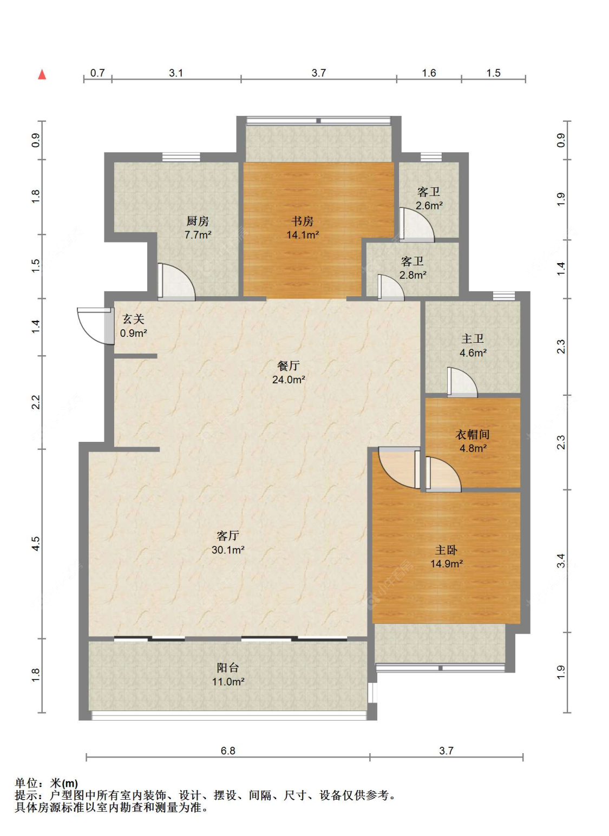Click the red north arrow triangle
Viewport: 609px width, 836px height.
42,75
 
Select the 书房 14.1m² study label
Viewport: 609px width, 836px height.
303,227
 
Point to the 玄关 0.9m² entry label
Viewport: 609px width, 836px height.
134,326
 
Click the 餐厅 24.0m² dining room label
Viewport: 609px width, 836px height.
289,373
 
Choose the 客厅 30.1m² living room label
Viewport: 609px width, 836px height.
228,543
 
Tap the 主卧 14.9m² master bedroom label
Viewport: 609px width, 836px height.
447,557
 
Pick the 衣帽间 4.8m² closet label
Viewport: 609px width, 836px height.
473,441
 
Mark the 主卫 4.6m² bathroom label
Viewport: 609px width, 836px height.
473,345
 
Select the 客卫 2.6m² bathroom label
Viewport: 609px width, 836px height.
429,199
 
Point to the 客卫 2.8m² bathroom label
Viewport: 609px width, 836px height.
412,268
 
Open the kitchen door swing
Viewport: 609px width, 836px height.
176,282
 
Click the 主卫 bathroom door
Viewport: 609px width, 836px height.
462,382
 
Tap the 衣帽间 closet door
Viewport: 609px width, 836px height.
443,474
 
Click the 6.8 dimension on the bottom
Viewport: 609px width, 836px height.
228,750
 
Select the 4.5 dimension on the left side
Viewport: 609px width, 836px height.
35,544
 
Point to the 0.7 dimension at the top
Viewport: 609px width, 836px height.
97,73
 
